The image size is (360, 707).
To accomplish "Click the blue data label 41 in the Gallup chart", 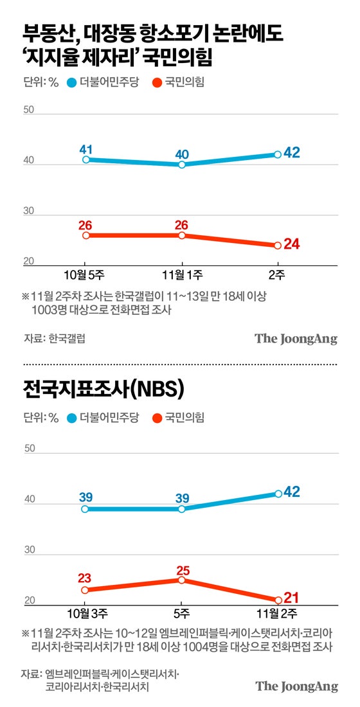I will (x=86, y=148).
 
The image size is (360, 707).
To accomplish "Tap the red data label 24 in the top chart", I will (x=292, y=244).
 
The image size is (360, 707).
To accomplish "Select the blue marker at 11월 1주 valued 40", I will (x=182, y=165).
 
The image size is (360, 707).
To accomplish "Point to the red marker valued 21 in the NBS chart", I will (x=278, y=600).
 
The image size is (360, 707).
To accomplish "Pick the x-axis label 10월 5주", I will (x=86, y=275).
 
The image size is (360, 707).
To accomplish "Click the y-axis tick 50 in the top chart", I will (x=28, y=110).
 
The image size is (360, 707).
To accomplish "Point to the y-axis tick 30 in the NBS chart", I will (x=28, y=550).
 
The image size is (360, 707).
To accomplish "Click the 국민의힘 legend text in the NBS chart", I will (x=184, y=418).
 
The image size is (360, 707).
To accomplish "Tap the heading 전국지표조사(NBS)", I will (x=104, y=389).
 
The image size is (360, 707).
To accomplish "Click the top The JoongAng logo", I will (x=296, y=339).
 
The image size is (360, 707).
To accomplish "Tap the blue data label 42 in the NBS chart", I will (x=292, y=492).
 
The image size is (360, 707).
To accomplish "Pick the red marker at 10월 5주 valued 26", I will (x=86, y=235).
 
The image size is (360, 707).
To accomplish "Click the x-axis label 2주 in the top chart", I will (x=278, y=275).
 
